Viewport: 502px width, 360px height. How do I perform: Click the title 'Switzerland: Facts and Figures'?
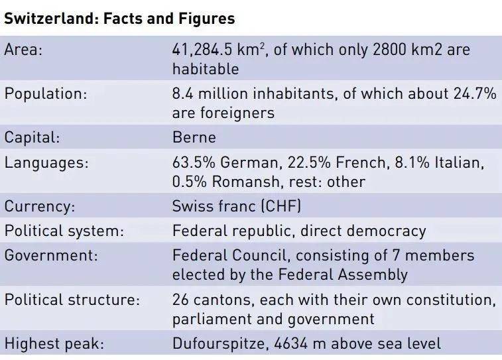119,19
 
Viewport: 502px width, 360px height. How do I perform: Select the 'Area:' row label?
24,50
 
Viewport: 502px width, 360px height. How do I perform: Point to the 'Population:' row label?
46,94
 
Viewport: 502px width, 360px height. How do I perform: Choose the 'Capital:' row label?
32,137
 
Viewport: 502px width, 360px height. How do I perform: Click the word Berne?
194,137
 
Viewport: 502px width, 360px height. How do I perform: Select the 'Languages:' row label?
46,162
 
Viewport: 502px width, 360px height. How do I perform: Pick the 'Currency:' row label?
40,206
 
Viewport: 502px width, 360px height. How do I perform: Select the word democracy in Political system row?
385,231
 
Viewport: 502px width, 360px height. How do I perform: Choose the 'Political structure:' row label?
72,299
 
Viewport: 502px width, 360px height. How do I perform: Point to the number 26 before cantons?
182,299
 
